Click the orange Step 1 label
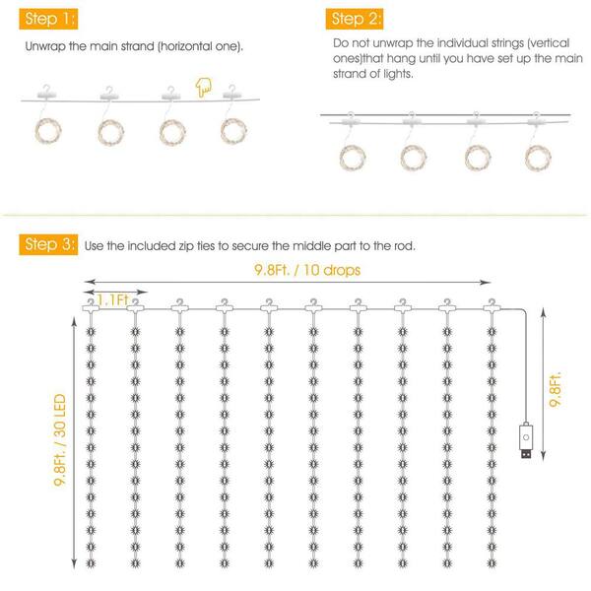(x=48, y=19)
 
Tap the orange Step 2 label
(x=355, y=19)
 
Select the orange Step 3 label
(x=48, y=244)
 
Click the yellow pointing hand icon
(x=204, y=88)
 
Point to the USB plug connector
(x=526, y=441)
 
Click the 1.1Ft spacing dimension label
(x=112, y=300)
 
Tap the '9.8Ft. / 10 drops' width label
(x=307, y=270)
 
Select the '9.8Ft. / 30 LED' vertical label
(x=60, y=440)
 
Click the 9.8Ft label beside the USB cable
(x=555, y=389)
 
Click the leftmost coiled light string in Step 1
(x=48, y=131)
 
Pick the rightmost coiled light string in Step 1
(x=233, y=131)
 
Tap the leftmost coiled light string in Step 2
(x=353, y=158)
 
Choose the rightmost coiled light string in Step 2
(x=538, y=158)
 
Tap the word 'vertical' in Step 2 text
(x=550, y=43)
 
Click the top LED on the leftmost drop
(x=91, y=332)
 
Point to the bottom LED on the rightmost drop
(x=492, y=563)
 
